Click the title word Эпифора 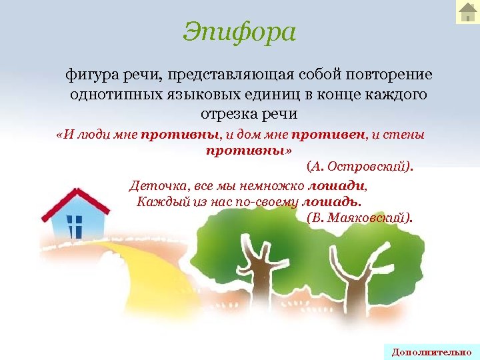239,31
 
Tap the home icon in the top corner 467,12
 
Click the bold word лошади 337,186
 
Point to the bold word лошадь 331,201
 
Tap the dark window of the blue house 75,227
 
